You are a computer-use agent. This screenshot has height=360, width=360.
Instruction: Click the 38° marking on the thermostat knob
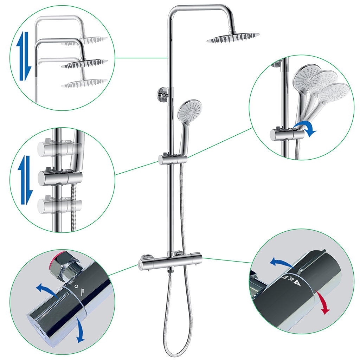coord(291,280)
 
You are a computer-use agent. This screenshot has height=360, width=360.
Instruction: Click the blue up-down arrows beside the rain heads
coord(24,56)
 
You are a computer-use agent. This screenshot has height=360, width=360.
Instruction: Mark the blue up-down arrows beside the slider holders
coord(26,180)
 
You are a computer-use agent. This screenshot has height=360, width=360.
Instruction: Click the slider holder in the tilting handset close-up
coord(283,134)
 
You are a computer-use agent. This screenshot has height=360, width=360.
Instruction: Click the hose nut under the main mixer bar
coord(171,271)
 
